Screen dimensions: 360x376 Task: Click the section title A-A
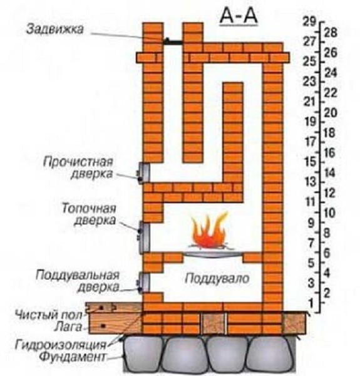click(x=239, y=18)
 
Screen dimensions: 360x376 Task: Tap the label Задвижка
click(x=55, y=29)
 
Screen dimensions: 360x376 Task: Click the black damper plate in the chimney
click(x=173, y=42)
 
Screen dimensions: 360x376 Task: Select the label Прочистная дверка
click(x=78, y=167)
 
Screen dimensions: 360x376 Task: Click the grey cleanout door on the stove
click(x=143, y=173)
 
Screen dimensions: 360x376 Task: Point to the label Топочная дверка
click(x=90, y=214)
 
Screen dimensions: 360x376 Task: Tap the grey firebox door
click(x=144, y=238)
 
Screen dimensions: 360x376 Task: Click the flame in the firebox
click(x=209, y=231)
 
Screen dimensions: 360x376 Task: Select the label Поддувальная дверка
click(x=78, y=281)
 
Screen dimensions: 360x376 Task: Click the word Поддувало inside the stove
click(x=217, y=278)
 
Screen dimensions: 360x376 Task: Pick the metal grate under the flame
click(x=213, y=254)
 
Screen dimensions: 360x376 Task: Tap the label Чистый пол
click(x=49, y=315)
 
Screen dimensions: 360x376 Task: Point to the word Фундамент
click(x=72, y=357)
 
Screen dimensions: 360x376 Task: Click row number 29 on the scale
click(x=309, y=21)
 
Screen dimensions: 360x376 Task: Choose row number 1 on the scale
click(x=311, y=304)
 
